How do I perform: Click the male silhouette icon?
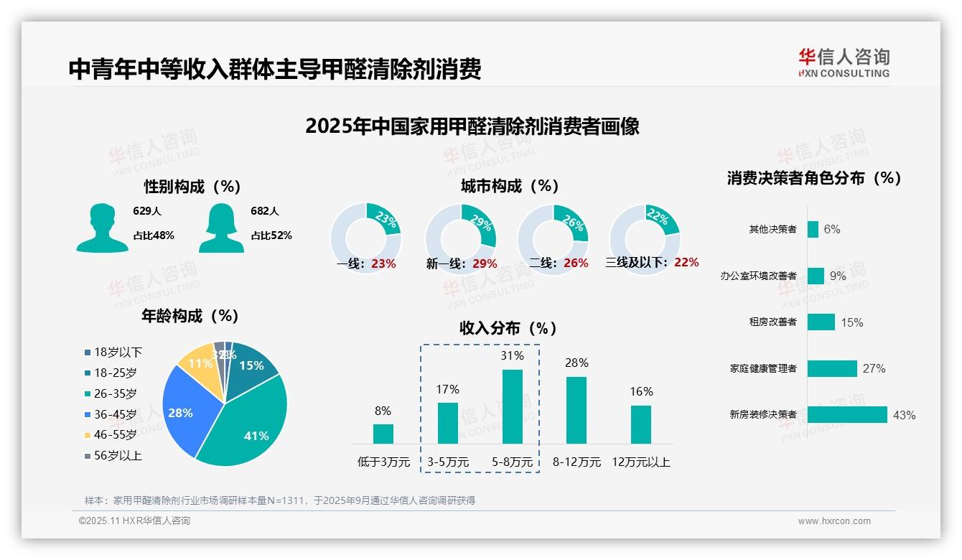point(102,228)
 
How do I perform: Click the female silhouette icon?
point(221,228)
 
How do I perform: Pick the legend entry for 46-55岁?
point(111,435)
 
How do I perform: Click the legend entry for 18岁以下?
point(113,352)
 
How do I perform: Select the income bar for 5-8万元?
point(512,406)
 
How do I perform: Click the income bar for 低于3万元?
point(383,434)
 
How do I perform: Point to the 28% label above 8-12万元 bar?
point(576,363)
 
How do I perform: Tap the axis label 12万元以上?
point(640,462)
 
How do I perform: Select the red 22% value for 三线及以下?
point(686,263)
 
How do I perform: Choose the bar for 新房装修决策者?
point(847,414)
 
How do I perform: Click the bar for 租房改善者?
point(821,322)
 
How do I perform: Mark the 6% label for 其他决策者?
point(831,229)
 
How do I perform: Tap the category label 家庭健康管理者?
point(762,368)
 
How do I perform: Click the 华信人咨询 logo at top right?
point(844,62)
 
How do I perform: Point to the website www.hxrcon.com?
point(833,521)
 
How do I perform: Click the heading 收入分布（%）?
point(508,328)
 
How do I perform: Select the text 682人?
point(265,211)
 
